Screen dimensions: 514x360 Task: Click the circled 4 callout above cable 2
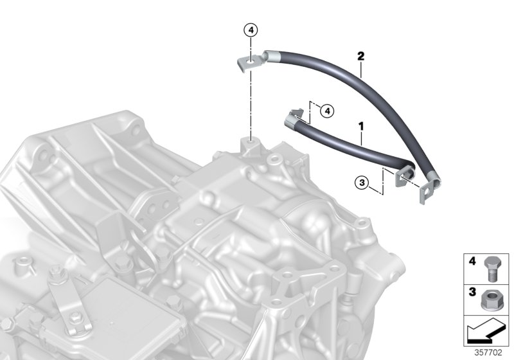(251, 30)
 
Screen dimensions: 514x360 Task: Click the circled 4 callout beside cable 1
(327, 111)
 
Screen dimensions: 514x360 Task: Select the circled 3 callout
(362, 183)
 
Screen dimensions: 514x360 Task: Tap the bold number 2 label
(360, 56)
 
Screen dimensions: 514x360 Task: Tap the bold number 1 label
(361, 126)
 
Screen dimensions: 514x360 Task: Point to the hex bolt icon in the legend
(491, 269)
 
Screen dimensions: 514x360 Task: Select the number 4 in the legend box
(472, 261)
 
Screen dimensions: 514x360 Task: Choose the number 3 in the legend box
(472, 292)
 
